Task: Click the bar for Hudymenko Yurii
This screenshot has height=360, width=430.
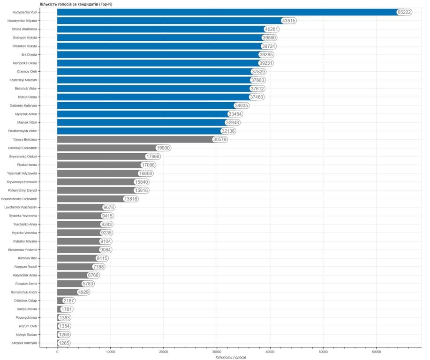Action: coord(225,12)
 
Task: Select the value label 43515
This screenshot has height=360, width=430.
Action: coord(288,21)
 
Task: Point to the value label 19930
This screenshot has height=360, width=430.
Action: coord(163,148)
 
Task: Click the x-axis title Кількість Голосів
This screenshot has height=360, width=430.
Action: coord(231,357)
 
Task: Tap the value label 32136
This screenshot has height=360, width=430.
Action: coord(228,131)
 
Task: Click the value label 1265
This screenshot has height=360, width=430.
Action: coord(64,343)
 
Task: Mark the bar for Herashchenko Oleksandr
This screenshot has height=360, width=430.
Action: coord(89,199)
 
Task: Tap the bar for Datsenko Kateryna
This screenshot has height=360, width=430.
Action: coord(145,105)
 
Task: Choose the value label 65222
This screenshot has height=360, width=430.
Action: coord(404,12)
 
